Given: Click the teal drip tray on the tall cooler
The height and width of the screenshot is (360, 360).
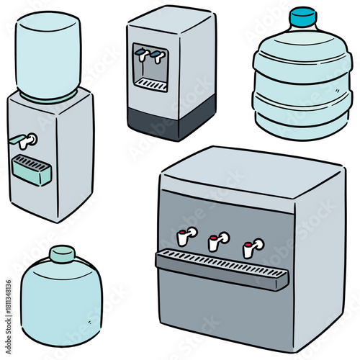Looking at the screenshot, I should point(32,171).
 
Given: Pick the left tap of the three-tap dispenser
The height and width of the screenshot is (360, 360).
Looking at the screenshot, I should point(187,235).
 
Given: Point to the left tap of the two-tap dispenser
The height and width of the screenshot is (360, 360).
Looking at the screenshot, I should point(143,53).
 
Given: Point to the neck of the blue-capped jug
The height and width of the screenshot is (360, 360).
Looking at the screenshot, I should point(303,31).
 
